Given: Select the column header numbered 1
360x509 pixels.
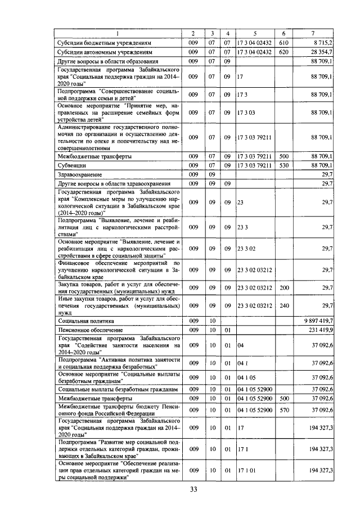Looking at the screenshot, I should pos(118,34).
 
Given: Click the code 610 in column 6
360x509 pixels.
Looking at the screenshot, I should pos(283,43).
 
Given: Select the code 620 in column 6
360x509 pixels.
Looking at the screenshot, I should pos(283,52).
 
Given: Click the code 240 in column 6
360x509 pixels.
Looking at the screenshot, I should pos(283,305).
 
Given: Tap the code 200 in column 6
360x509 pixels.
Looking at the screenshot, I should pos(283,287).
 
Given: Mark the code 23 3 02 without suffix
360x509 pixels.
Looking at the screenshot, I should pos(246,247).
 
